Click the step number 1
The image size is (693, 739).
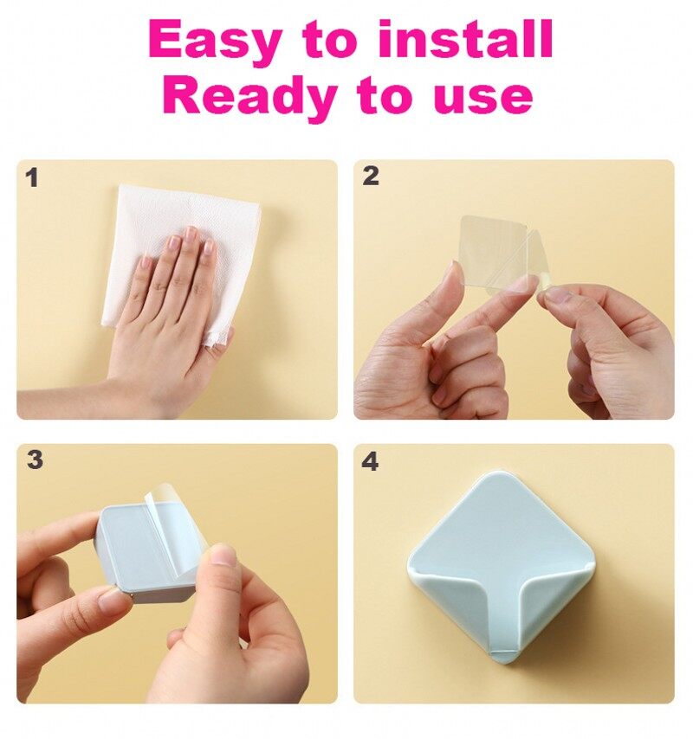32,178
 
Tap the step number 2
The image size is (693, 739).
371,176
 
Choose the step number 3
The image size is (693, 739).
35,459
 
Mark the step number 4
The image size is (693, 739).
370,461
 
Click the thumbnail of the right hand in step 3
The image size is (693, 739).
223,556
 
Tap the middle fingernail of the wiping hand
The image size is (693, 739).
190,234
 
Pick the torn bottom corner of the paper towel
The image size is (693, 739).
216,338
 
